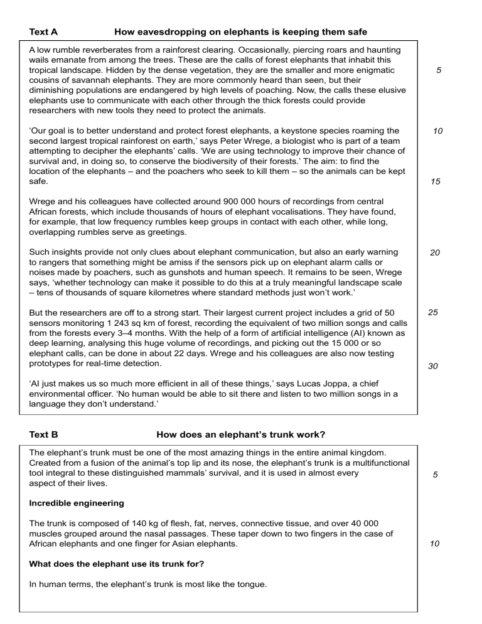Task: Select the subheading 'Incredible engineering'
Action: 73,503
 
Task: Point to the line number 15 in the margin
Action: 436,182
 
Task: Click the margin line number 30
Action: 433,367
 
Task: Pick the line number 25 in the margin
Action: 433,312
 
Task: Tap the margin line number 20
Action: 436,253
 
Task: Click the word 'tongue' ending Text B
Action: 252,584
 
